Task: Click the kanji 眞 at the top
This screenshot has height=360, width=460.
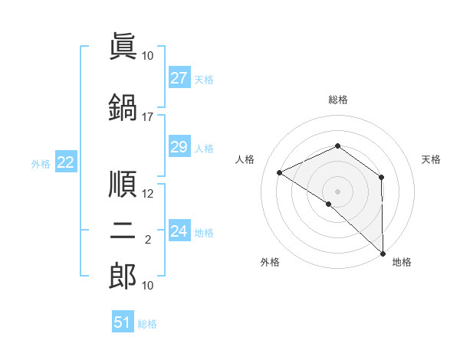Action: pyautogui.click(x=123, y=47)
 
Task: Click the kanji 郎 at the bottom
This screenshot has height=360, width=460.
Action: pyautogui.click(x=123, y=277)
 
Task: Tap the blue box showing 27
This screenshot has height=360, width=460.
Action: pyautogui.click(x=179, y=78)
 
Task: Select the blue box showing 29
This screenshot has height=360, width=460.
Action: pyautogui.click(x=179, y=147)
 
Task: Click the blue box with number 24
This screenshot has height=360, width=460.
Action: pyautogui.click(x=179, y=231)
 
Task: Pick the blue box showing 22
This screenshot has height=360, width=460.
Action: pyautogui.click(x=66, y=162)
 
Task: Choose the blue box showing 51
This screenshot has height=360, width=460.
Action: pyautogui.click(x=123, y=322)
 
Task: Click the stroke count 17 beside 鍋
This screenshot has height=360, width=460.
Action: pyautogui.click(x=147, y=117)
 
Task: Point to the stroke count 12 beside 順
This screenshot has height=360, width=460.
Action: pyautogui.click(x=147, y=194)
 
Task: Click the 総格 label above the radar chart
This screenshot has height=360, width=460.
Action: pyautogui.click(x=337, y=100)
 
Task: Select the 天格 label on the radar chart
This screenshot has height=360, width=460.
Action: pyautogui.click(x=431, y=159)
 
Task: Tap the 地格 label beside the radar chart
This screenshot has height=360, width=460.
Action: pyautogui.click(x=402, y=262)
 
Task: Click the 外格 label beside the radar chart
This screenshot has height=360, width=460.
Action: pyautogui.click(x=270, y=262)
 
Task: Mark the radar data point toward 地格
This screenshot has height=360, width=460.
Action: pyautogui.click(x=383, y=254)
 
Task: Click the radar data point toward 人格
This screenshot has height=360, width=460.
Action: pyautogui.click(x=280, y=172)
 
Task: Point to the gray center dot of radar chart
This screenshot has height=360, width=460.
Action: pyautogui.click(x=337, y=191)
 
